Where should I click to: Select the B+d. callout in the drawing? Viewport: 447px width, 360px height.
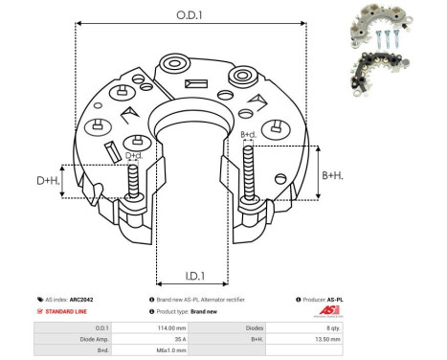pyautogui.click(x=248, y=135)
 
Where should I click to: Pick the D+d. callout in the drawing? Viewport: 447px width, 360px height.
pyautogui.click(x=135, y=155)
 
